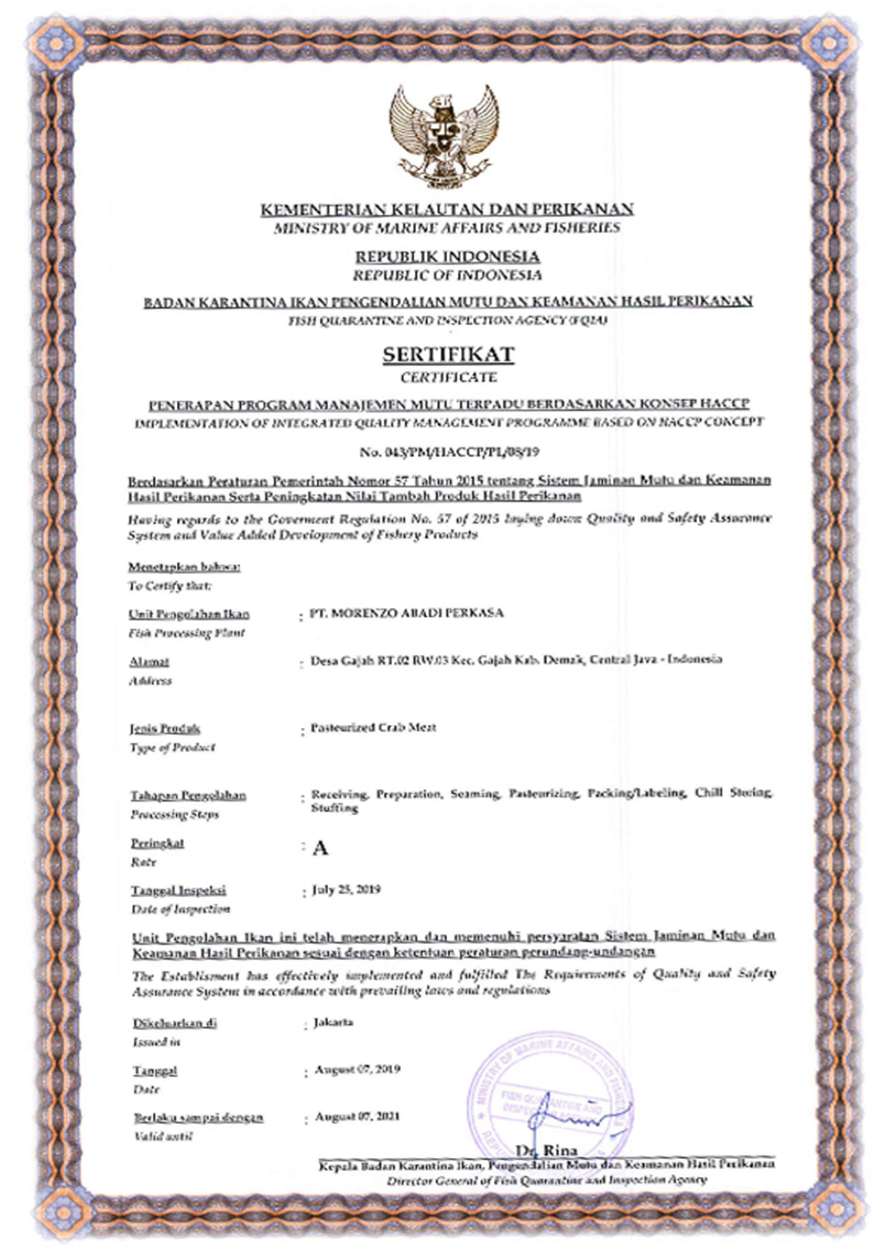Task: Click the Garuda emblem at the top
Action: point(444,137)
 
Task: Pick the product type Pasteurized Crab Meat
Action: point(373,728)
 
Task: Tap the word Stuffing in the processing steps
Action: point(334,808)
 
